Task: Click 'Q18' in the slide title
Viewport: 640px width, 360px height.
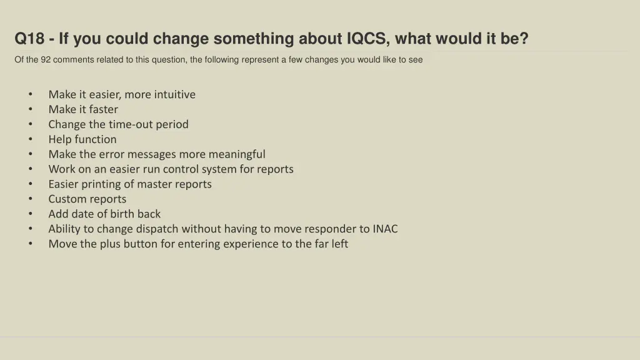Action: [x=29, y=39]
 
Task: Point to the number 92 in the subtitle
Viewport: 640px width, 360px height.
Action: [x=46, y=60]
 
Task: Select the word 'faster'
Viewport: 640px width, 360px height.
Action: [x=102, y=109]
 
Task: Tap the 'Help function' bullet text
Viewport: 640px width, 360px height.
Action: [x=82, y=139]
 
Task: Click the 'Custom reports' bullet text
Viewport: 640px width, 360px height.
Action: [x=87, y=199]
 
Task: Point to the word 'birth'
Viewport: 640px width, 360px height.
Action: [x=122, y=214]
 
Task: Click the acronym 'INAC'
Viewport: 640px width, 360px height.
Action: [x=385, y=229]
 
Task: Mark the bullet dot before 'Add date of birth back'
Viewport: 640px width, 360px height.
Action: [x=30, y=214]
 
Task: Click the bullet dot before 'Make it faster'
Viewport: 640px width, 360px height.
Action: [x=30, y=109]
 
